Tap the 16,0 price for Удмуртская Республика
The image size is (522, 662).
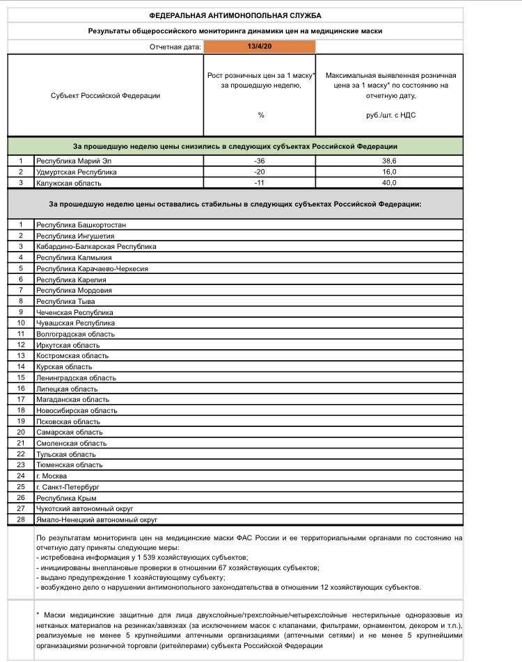(390, 171)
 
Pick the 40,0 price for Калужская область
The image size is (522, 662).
(390, 182)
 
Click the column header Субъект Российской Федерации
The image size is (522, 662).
(105, 95)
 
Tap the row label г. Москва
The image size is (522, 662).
(52, 476)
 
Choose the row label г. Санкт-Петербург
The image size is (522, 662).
(68, 487)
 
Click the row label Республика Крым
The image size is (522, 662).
(66, 498)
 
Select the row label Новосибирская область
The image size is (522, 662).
(77, 410)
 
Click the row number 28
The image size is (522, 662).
(21, 519)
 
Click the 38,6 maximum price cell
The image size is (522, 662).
(390, 160)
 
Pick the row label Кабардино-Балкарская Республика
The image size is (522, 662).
(96, 246)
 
